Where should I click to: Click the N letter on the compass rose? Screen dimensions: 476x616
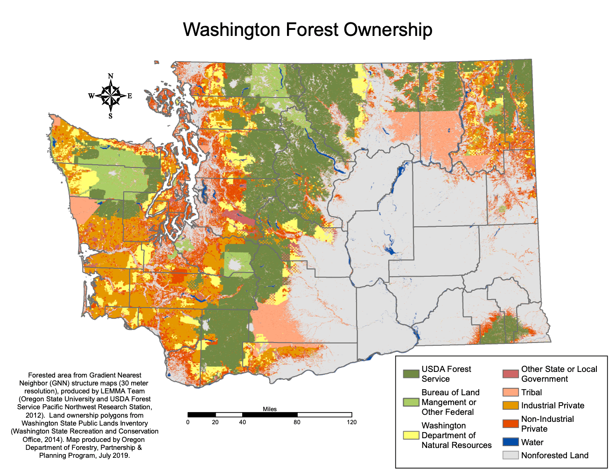[x=111, y=76]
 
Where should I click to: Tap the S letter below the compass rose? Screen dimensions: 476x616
[x=111, y=116]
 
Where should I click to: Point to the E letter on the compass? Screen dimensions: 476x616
[x=130, y=96]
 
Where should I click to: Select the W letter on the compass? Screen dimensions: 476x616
[x=91, y=96]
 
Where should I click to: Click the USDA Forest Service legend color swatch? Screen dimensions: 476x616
[x=411, y=374]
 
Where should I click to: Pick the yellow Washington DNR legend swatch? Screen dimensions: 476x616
[x=411, y=435]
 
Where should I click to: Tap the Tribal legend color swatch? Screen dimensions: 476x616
[x=511, y=392]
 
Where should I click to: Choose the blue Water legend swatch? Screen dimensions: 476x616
[x=511, y=442]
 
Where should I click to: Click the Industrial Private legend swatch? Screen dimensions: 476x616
[x=511, y=406]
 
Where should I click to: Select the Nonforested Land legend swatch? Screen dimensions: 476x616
[x=511, y=455]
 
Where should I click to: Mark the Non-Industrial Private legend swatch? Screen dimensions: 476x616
[x=511, y=424]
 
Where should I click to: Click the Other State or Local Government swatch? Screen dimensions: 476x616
[x=511, y=374]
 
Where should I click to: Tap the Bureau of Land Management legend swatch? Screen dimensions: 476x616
[x=411, y=402]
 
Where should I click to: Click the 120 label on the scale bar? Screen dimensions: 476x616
[x=352, y=422]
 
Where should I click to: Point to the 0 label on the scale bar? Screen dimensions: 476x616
[x=188, y=422]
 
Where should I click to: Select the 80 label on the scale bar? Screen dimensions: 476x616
[x=297, y=422]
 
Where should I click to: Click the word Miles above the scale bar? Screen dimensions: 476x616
[x=270, y=409]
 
